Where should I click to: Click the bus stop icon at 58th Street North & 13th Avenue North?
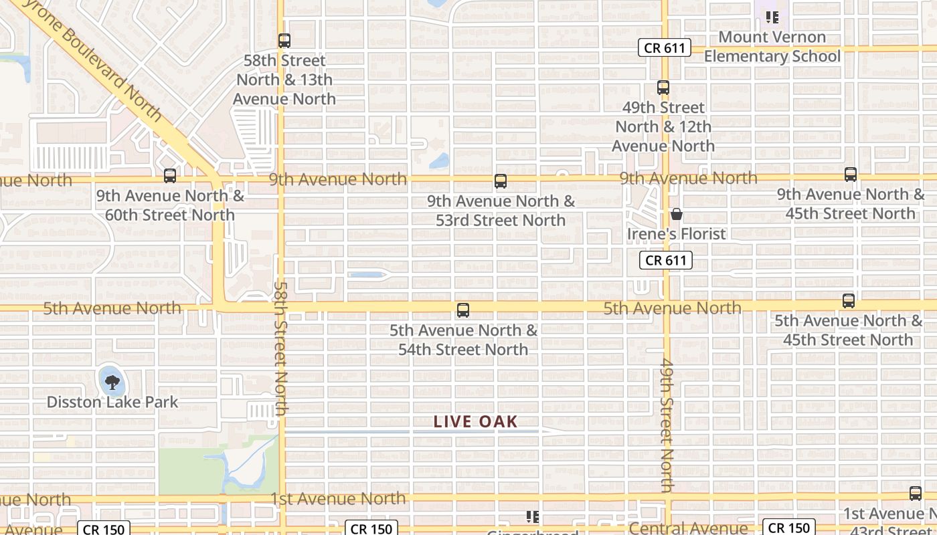click(x=284, y=41)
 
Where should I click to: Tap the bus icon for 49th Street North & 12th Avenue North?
click(x=663, y=88)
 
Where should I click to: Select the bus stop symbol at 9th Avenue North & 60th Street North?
click(x=170, y=176)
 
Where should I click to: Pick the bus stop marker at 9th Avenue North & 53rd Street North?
click(x=501, y=181)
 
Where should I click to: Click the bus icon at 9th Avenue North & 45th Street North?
click(x=851, y=175)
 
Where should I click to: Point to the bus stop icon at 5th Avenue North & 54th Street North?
click(x=462, y=310)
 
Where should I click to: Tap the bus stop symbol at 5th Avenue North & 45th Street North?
click(x=849, y=301)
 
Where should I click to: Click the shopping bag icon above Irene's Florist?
click(x=677, y=214)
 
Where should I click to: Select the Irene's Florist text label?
click(x=677, y=233)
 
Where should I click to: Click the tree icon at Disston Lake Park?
click(x=112, y=382)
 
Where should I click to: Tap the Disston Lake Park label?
click(x=112, y=402)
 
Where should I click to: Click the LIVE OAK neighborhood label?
click(x=476, y=422)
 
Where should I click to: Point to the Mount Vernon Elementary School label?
click(x=772, y=47)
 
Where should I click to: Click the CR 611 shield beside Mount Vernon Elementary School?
click(x=664, y=48)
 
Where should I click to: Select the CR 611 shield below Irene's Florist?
click(x=665, y=260)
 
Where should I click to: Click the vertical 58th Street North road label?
click(x=280, y=348)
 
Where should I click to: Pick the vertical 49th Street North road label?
click(x=667, y=425)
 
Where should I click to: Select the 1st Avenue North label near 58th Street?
click(x=338, y=499)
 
